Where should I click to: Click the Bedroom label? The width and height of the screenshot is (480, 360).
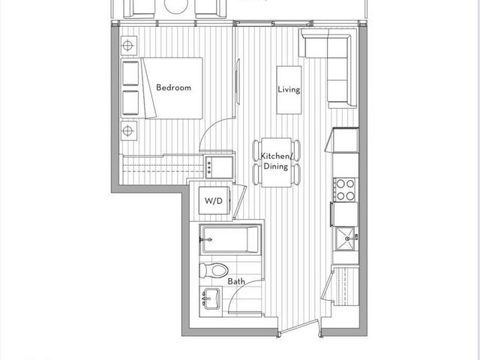point(173,88)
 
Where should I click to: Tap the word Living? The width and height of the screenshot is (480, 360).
point(289,90)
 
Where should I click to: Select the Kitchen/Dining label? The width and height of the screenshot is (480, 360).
point(274,161)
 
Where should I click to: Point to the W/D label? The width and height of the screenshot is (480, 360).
point(212,201)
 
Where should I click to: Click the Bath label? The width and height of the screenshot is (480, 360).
point(236,281)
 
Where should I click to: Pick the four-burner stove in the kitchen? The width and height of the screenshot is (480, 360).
point(346,188)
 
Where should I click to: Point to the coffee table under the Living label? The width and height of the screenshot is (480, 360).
point(289,90)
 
